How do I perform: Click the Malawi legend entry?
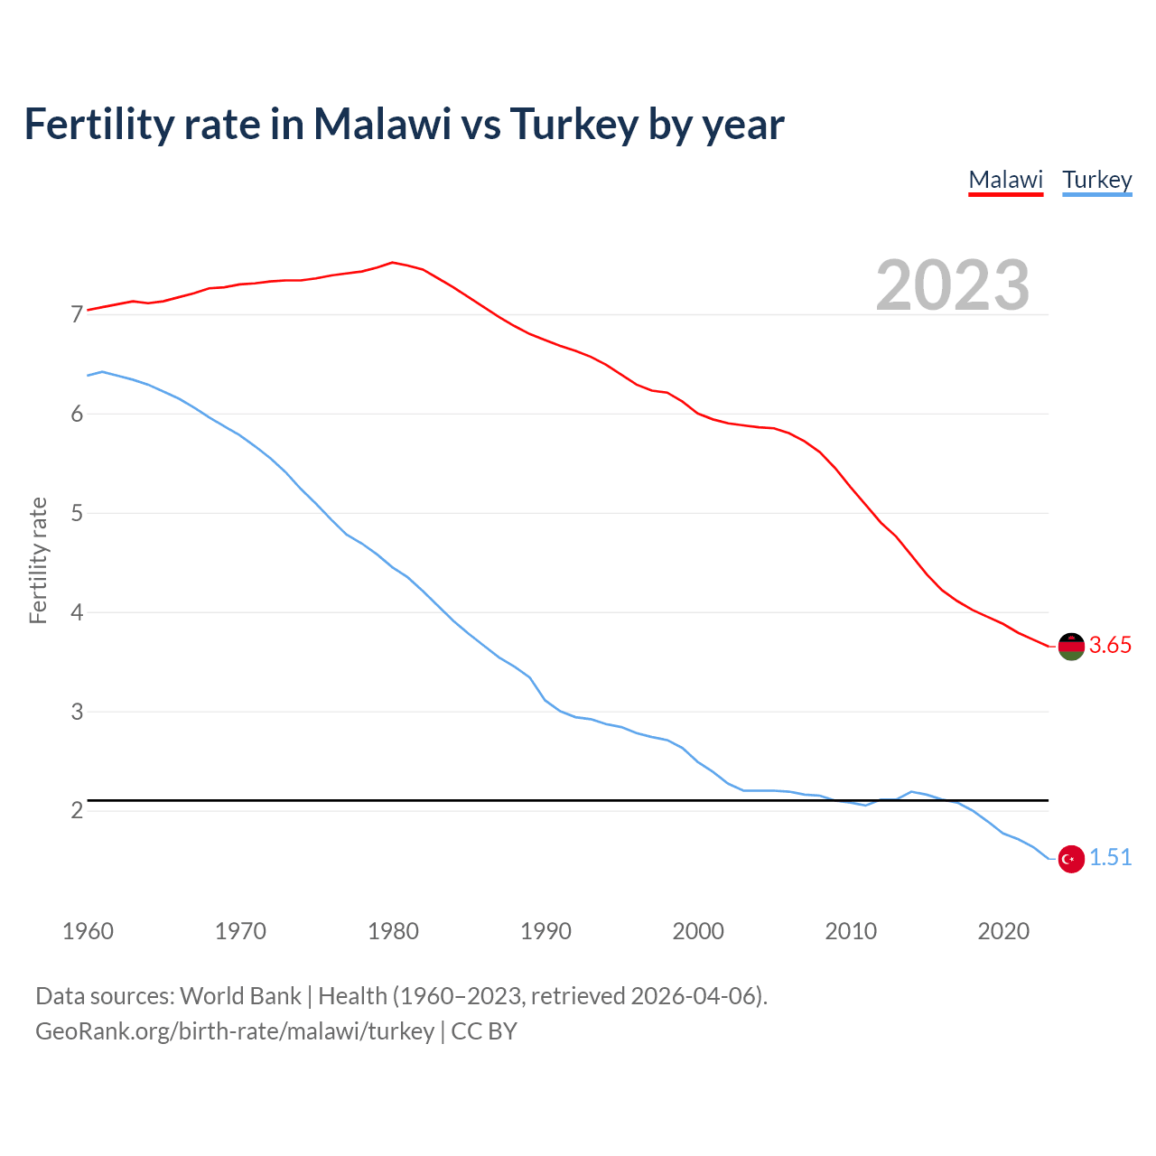click(1005, 180)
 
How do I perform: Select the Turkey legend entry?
click(1096, 180)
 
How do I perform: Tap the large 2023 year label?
click(953, 285)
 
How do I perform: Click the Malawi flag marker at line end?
click(1071, 647)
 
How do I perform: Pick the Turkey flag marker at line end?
click(1071, 859)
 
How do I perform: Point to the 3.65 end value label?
click(1110, 645)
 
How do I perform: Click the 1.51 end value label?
click(1110, 857)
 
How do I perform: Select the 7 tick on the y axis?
click(77, 314)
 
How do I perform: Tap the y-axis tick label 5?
click(77, 513)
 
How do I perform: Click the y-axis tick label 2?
click(77, 810)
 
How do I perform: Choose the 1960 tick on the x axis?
click(88, 931)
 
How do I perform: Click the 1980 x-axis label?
click(393, 931)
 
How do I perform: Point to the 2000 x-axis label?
click(698, 931)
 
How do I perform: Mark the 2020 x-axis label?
click(1003, 931)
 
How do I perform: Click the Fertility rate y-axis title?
click(38, 560)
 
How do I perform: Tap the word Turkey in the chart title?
click(573, 124)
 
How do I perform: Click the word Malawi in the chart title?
click(382, 124)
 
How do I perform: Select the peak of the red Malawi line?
click(392, 262)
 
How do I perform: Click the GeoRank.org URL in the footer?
click(235, 1030)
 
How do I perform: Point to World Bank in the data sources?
click(240, 995)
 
